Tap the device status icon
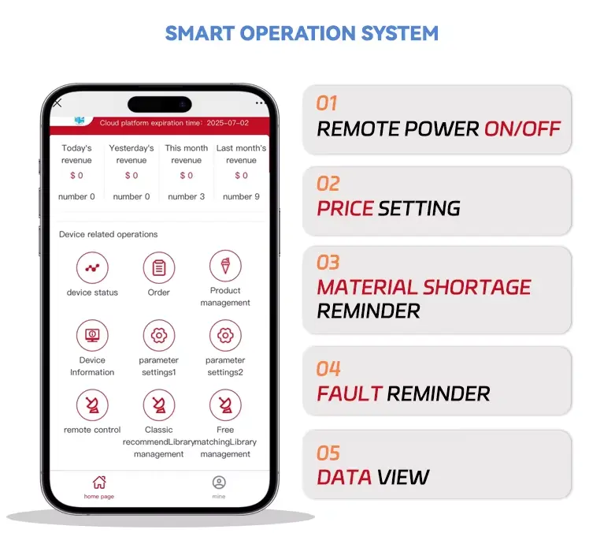coord(92,267)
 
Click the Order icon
coord(159,267)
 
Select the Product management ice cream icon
coord(225,266)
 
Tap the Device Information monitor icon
coord(92,335)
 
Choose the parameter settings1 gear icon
coord(159,335)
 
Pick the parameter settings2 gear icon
coord(225,335)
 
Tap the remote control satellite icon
coord(92,404)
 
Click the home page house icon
coord(99,483)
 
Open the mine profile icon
coord(219,483)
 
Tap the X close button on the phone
coord(57,102)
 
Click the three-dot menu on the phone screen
coord(261,102)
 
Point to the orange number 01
coord(327,103)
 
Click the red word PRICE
coord(345,208)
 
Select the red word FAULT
coord(350,393)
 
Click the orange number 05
coord(328,453)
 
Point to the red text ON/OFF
coord(523,129)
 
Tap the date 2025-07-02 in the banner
coord(228,123)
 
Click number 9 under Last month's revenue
coord(241,196)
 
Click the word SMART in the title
coord(200,33)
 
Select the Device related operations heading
coord(108,234)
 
